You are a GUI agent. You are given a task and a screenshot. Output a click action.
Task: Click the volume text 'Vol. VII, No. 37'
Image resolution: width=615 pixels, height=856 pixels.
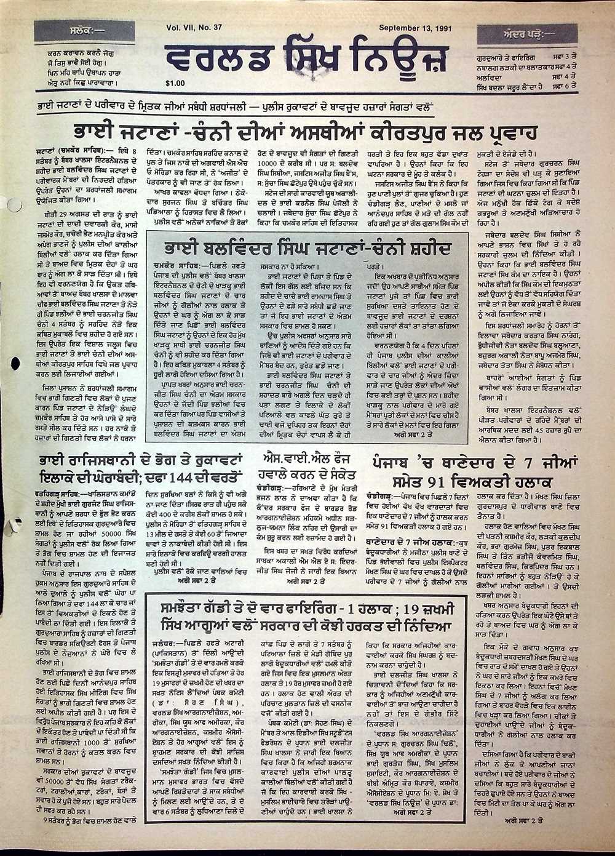[195, 28]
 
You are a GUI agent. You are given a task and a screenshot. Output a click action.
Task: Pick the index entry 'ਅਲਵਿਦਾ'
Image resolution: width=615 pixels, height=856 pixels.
[490, 76]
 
